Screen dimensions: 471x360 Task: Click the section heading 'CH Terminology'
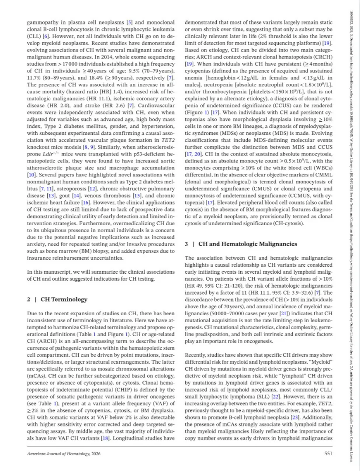coord(64,299)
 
